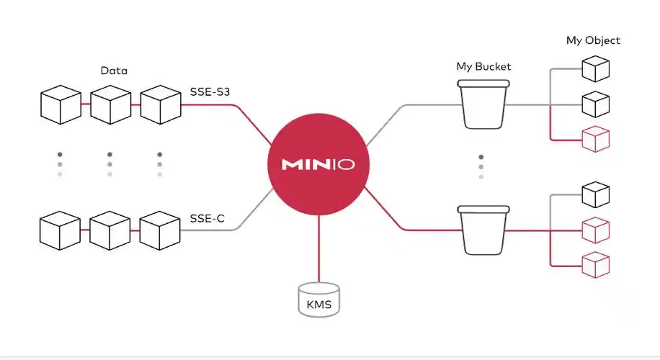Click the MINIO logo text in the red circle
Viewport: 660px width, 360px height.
point(318,164)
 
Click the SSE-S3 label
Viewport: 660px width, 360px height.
point(210,91)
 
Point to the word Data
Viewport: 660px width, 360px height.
point(115,71)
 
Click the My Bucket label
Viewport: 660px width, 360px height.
point(483,66)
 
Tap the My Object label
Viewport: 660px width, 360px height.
point(592,40)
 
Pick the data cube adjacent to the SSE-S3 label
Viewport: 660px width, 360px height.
point(159,104)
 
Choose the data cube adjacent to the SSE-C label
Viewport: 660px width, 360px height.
point(159,230)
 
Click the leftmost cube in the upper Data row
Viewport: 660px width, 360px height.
point(60,104)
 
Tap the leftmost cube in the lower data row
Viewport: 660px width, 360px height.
point(60,230)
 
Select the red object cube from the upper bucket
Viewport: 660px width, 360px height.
point(595,138)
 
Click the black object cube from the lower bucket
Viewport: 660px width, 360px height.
point(595,194)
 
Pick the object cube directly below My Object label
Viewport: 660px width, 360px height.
point(595,69)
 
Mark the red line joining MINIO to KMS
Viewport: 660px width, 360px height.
point(318,248)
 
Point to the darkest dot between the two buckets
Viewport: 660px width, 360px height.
point(481,157)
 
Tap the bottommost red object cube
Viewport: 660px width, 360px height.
point(595,264)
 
